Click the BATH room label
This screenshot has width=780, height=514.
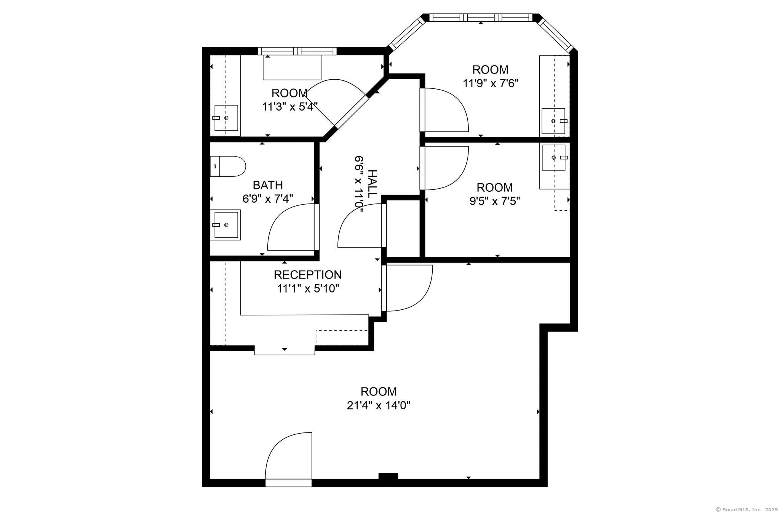(x=268, y=185)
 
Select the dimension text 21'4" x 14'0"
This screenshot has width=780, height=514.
(x=378, y=405)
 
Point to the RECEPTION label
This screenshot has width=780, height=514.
(x=308, y=275)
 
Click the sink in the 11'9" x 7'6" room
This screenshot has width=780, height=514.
(x=554, y=121)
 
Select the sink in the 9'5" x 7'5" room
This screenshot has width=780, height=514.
(x=554, y=157)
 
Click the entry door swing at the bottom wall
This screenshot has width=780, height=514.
(x=289, y=457)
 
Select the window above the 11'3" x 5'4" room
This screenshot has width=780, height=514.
(x=297, y=51)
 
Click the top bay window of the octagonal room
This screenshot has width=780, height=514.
(x=481, y=18)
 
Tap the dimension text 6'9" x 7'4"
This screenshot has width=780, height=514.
(x=268, y=199)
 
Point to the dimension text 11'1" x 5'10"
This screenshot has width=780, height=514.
(x=308, y=288)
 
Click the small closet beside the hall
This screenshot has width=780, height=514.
(x=403, y=228)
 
